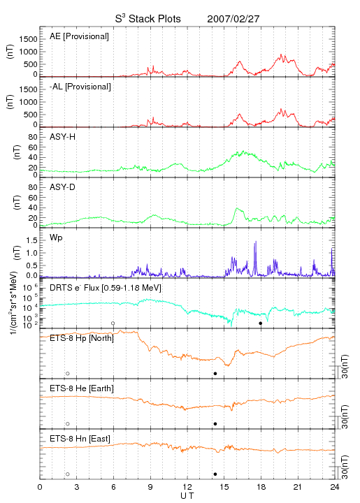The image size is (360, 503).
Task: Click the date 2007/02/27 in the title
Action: click(233, 19)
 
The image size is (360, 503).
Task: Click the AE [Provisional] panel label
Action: click(79, 36)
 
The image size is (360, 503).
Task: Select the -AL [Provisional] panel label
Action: click(80, 87)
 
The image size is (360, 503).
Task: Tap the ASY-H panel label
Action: click(63, 137)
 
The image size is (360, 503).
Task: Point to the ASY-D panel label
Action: click(63, 187)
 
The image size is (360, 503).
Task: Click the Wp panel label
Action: click(56, 238)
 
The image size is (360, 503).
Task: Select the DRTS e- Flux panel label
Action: click(106, 288)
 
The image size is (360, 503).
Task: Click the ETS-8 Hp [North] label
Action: click(82, 338)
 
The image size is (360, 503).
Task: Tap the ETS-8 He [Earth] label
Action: click(82, 388)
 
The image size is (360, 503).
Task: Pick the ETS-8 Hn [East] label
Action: click(80, 439)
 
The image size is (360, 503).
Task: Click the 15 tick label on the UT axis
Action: click(224, 487)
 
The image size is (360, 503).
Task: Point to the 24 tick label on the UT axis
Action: click(335, 487)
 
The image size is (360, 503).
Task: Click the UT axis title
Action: click(187, 496)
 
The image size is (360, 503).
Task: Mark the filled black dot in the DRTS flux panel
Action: click(261, 323)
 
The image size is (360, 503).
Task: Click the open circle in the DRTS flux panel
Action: click(113, 323)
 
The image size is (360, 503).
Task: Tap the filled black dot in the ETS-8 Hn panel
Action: click(215, 474)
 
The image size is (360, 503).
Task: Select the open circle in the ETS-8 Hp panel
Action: click(68, 373)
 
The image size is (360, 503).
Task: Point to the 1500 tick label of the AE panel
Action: click(28, 39)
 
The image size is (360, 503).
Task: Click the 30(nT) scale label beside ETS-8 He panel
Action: click(345, 416)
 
